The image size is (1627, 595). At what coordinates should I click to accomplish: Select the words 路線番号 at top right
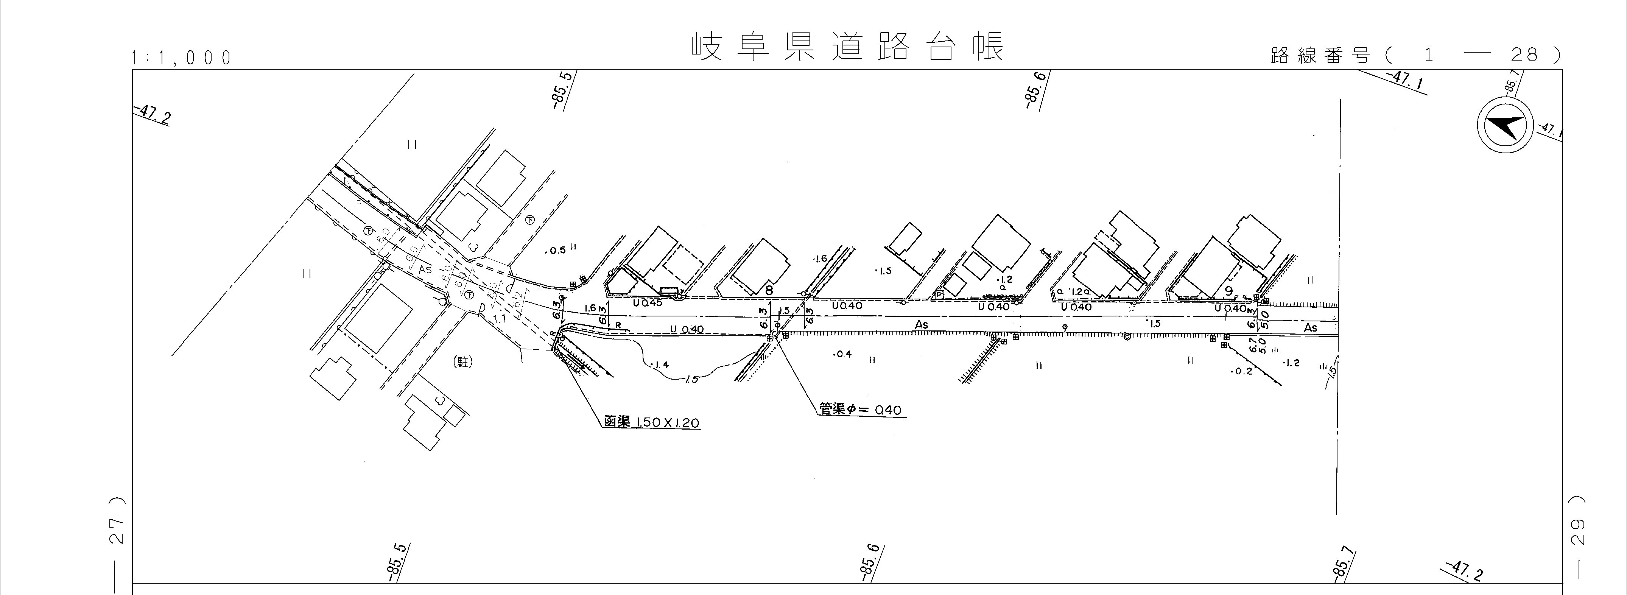point(1320,56)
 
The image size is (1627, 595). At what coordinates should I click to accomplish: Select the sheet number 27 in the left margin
point(117,531)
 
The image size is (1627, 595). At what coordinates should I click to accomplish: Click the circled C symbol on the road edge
point(1126,336)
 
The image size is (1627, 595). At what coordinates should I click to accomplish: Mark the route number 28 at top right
point(1524,56)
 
